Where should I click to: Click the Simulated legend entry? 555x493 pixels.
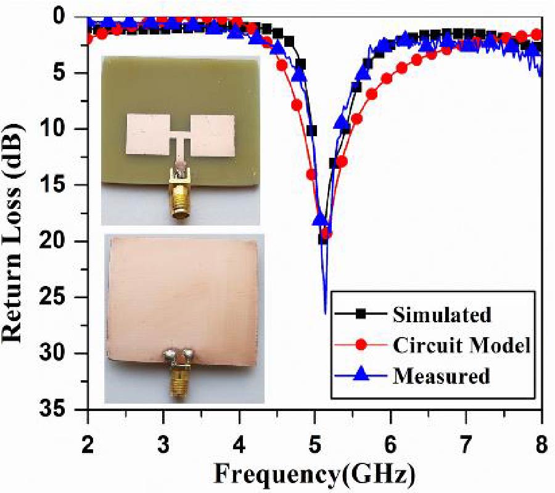442,315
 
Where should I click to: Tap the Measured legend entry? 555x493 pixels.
440,375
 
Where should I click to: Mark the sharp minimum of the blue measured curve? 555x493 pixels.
325,313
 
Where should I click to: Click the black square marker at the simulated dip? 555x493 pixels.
323,239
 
